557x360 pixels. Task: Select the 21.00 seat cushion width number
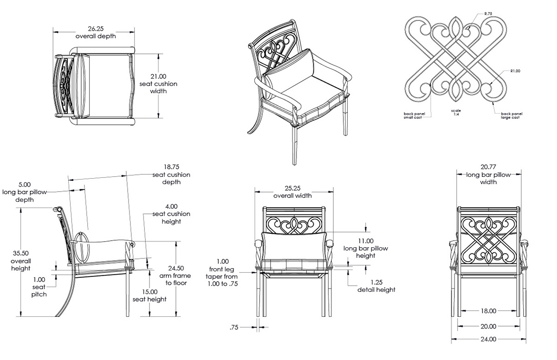pyautogui.click(x=158, y=77)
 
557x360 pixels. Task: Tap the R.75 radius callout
pyautogui.click(x=488, y=14)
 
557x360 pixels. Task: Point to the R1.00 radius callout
pyautogui.click(x=515, y=71)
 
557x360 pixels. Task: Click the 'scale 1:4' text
pyautogui.click(x=456, y=113)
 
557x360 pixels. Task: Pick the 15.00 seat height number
pyautogui.click(x=149, y=292)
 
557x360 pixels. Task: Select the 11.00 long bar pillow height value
pyautogui.click(x=365, y=241)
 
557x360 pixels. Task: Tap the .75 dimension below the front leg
pyautogui.click(x=234, y=328)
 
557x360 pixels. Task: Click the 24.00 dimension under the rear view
pyautogui.click(x=488, y=339)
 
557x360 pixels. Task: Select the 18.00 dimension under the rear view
pyautogui.click(x=488, y=311)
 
